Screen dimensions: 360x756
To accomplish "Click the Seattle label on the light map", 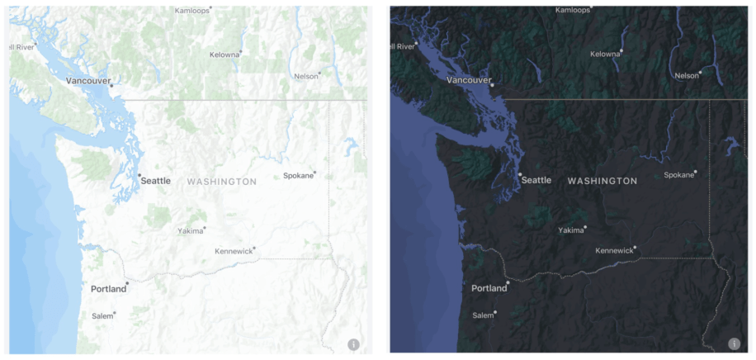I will click(155, 180).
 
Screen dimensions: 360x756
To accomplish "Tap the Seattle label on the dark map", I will click(536, 180).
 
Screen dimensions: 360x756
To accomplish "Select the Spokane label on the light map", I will click(298, 176).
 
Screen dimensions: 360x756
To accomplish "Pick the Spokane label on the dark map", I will click(678, 175).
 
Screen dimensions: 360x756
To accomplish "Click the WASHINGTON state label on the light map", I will click(221, 181).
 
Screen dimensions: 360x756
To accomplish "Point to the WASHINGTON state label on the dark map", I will click(602, 181).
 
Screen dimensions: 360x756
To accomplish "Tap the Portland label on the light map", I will click(108, 289).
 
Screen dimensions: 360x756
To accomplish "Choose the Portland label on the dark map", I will click(489, 289).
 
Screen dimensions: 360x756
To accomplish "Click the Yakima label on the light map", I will click(190, 231).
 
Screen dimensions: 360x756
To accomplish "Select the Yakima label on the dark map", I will click(571, 230).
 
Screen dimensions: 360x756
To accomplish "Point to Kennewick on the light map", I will click(233, 251).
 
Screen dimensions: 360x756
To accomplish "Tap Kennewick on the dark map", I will click(614, 250).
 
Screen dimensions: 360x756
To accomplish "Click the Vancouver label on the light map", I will click(87, 81).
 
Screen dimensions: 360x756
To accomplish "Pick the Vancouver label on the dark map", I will click(468, 81).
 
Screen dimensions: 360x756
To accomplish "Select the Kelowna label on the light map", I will click(224, 54).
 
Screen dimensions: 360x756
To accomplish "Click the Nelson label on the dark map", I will click(686, 76).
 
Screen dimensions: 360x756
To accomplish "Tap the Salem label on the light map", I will click(102, 316).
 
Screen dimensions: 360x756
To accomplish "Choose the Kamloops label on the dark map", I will click(573, 11).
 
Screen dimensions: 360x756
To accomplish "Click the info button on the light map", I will click(353, 344).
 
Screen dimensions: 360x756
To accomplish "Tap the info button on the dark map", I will click(734, 344).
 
